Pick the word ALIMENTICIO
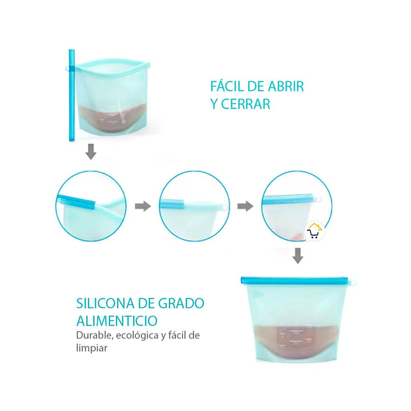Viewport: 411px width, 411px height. [x=117, y=320]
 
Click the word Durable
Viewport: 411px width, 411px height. [x=93, y=335]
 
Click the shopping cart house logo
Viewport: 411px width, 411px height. [x=314, y=232]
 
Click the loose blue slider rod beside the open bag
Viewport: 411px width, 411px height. [x=72, y=97]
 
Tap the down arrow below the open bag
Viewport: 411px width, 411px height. [x=90, y=152]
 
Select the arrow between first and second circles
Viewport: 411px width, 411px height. [x=143, y=206]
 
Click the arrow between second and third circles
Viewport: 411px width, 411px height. [x=245, y=206]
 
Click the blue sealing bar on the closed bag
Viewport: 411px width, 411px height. [x=294, y=281]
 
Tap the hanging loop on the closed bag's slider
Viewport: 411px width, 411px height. [x=352, y=281]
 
